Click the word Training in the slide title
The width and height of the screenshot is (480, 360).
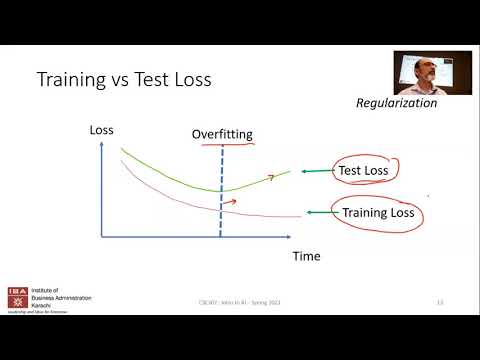pos(71,79)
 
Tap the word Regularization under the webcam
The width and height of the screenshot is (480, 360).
pos(397,103)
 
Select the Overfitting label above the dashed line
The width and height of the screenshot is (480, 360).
pos(221,134)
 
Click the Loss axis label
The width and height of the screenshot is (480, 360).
pos(101,130)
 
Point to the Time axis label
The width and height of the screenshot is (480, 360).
pos(306,257)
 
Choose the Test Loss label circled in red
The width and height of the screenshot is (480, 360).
pos(363,171)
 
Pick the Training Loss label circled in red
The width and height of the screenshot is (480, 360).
pos(379,212)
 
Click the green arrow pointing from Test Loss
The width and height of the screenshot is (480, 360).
pos(316,171)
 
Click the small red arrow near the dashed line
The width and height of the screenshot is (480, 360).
pos(229,202)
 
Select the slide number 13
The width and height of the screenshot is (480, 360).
pos(439,302)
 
